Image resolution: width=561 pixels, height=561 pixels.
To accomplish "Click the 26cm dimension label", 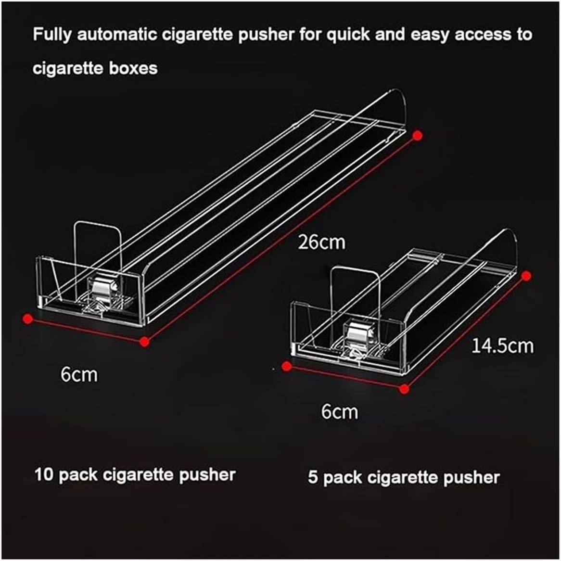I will pyautogui.click(x=321, y=242).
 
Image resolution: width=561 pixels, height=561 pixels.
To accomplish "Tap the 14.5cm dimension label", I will pyautogui.click(x=502, y=346).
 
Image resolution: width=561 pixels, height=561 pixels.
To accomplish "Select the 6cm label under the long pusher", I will pyautogui.click(x=79, y=374).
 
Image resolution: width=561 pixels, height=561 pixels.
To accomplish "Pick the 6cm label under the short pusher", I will pyautogui.click(x=340, y=412).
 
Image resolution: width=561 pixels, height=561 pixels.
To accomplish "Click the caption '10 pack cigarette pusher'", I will pyautogui.click(x=135, y=475).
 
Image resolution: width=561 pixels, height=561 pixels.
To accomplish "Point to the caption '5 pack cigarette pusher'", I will pyautogui.click(x=404, y=477).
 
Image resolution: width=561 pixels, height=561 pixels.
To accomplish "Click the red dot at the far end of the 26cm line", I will pyautogui.click(x=418, y=135).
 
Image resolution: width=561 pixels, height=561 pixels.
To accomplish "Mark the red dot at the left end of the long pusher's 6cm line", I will pyautogui.click(x=28, y=318).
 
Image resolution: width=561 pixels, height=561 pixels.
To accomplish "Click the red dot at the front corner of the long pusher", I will pyautogui.click(x=144, y=342).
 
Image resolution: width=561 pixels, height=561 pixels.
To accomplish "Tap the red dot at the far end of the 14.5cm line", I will pyautogui.click(x=526, y=276).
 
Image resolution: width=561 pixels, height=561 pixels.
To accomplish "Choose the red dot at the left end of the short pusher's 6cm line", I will pyautogui.click(x=287, y=367).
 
